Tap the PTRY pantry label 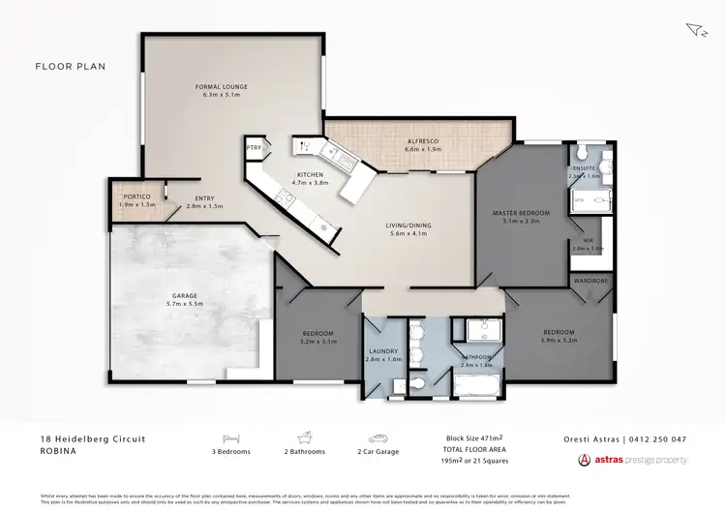[x=254, y=148]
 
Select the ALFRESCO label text [x=422, y=141]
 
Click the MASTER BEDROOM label [x=521, y=212]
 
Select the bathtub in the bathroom [x=474, y=389]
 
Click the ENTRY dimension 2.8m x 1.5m [x=204, y=206]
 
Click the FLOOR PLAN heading [x=70, y=67]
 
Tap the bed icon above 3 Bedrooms [x=230, y=438]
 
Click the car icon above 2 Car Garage [x=378, y=438]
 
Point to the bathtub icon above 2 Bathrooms [x=303, y=438]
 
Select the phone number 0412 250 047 [x=658, y=438]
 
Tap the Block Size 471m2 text [x=472, y=438]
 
